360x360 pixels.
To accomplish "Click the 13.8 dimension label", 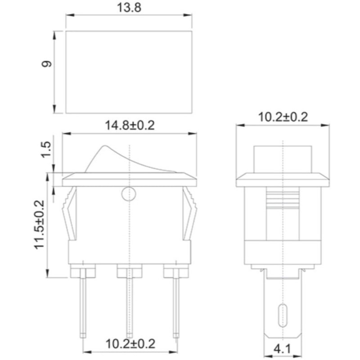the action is (x=129, y=8).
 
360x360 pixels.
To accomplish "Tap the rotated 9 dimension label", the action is (x=47, y=64).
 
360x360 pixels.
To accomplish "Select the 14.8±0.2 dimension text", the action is (x=130, y=126).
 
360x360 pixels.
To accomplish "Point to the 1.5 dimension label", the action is (x=46, y=149).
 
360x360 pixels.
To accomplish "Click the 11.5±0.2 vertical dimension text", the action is (x=39, y=225).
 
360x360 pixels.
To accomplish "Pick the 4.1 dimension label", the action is (x=282, y=349).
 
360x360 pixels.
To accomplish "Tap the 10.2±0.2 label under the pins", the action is (x=130, y=344).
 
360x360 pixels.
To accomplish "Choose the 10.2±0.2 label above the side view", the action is (x=283, y=117).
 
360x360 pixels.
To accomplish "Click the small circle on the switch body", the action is (x=129, y=194).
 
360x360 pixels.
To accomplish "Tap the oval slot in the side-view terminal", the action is (x=283, y=315).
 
